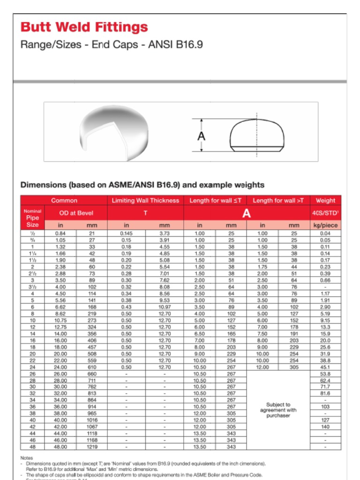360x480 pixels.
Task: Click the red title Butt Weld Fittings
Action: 84,27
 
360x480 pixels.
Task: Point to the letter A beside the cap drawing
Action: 202,135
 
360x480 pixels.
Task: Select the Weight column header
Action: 325,201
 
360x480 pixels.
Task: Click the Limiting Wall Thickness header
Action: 145,201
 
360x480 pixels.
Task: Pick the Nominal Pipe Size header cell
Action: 32,218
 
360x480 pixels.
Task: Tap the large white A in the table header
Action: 246,214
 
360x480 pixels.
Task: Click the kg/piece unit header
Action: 325,225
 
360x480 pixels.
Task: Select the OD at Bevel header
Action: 75,213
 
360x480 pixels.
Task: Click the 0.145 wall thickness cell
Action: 126,233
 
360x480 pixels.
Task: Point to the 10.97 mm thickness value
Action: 165,307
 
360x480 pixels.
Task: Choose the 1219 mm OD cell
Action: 91,447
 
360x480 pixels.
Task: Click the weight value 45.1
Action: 325,367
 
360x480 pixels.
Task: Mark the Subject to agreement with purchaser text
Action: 278,410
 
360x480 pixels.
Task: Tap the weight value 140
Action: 325,427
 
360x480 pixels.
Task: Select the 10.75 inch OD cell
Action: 60,321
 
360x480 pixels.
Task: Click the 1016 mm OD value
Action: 91,420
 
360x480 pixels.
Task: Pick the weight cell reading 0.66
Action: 325,280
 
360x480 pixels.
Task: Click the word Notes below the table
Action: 27,457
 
